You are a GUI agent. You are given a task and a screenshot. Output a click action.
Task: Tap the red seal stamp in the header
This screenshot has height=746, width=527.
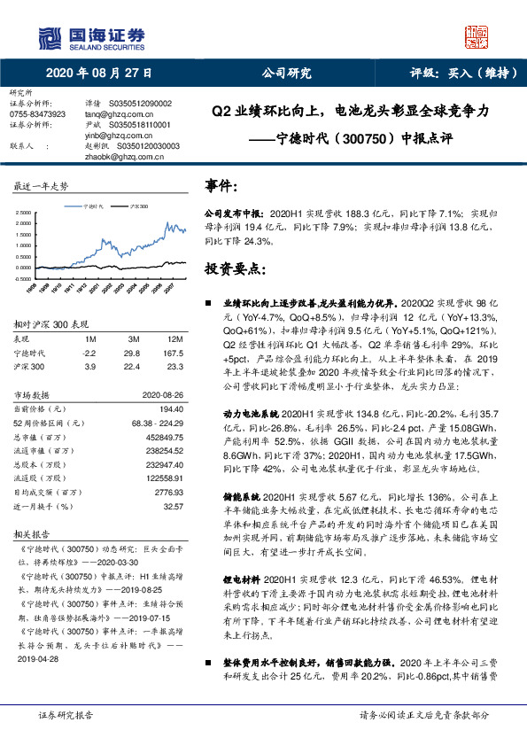(x=477, y=37)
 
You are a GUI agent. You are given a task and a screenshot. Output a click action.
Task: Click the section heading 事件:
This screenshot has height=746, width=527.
(x=221, y=186)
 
